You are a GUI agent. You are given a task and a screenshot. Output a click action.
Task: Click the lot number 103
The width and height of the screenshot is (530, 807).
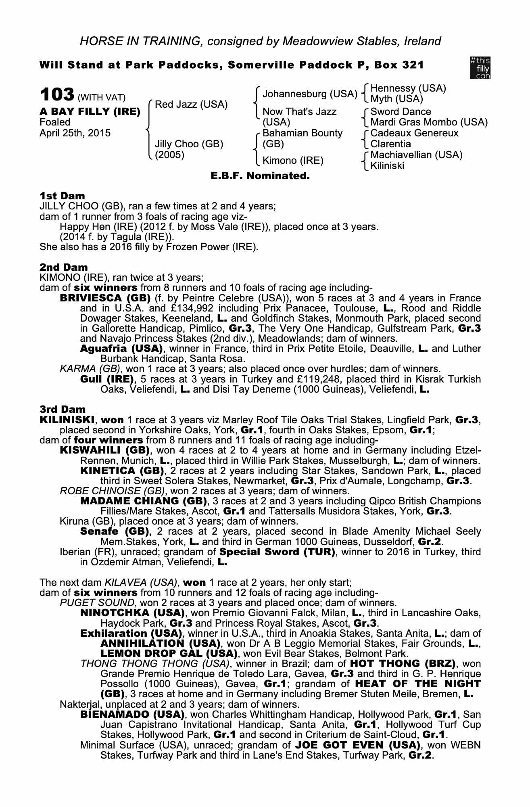[56, 95]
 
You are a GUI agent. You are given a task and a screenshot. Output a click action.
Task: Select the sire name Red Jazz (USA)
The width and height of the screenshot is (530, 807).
[191, 105]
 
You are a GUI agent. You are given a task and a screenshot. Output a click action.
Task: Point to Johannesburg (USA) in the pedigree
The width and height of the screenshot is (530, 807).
[310, 94]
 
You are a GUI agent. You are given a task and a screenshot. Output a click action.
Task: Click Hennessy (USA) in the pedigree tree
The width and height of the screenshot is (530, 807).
[408, 88]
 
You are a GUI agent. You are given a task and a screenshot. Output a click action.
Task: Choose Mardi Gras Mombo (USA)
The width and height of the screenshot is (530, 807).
[429, 122]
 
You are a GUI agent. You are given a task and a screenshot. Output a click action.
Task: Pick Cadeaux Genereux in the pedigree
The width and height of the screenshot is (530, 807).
[414, 133]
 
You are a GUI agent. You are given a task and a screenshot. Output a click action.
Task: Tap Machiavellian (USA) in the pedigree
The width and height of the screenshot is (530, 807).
[416, 155]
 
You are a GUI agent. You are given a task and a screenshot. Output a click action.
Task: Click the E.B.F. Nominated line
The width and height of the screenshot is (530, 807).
[260, 176]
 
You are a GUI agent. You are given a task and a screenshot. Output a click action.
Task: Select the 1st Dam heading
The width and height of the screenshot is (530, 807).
[62, 196]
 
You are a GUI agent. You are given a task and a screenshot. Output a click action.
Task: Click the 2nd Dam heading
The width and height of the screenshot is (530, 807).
[63, 267]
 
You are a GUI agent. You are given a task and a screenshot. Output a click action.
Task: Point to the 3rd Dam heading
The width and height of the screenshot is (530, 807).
[63, 410]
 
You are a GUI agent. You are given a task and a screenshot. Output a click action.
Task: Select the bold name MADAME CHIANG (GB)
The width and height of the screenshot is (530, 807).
[144, 501]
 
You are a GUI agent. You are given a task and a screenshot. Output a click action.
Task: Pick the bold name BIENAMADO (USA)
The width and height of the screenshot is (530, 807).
[132, 715]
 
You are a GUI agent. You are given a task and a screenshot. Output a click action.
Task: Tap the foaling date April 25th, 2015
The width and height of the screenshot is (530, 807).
[75, 133]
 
